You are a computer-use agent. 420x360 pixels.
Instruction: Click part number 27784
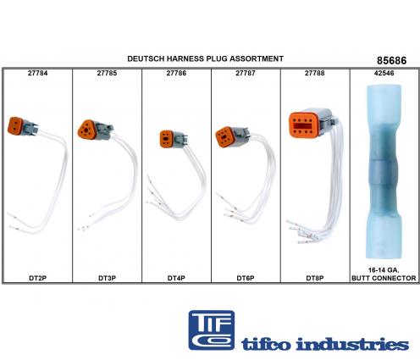coord(37,73)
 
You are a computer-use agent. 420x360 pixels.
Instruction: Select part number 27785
coord(107,73)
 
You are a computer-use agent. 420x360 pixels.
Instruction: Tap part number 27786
coord(176,73)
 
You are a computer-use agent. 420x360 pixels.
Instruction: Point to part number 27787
coord(246,73)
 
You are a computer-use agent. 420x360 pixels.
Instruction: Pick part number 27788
coord(315,73)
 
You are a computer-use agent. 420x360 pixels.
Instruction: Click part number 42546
coord(384,73)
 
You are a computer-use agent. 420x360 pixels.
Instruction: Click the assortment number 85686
coord(392,61)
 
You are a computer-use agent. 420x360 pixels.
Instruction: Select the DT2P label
coord(37,278)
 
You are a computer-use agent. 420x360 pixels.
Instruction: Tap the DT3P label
coord(107,278)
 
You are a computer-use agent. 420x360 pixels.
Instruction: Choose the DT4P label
coord(176,278)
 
